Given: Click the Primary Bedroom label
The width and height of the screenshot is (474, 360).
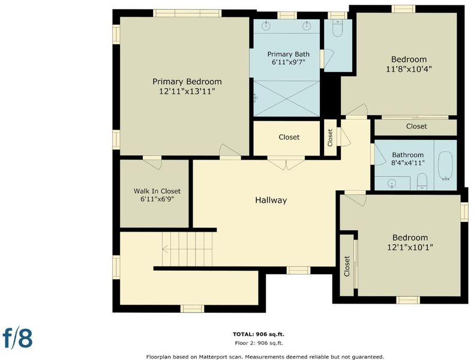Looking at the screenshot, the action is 187,82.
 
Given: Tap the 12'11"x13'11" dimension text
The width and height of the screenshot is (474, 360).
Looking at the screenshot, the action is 187,91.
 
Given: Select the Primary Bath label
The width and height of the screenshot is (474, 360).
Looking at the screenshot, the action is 289,55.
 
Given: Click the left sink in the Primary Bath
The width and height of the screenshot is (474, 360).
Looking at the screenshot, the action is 266,26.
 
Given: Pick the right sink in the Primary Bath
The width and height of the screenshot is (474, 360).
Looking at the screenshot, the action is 307,26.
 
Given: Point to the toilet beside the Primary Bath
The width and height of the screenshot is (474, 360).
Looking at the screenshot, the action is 337,28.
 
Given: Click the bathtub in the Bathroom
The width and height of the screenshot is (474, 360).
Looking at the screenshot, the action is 445,166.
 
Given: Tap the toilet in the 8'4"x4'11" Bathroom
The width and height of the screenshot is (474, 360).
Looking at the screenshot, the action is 422,182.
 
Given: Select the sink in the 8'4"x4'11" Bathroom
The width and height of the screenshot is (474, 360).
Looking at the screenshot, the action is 392,183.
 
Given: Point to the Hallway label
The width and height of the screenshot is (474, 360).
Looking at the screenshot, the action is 271,200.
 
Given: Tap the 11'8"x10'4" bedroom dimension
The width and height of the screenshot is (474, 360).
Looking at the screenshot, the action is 409,69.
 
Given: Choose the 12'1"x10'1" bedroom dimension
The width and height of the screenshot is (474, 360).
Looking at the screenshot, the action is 410,247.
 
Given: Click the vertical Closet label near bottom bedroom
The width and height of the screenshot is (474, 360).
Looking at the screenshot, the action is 347,266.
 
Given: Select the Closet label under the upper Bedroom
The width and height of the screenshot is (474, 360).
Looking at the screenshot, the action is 416,127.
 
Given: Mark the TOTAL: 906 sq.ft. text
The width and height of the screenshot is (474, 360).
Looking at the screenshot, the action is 259,334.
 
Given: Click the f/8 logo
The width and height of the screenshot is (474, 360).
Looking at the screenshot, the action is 17,338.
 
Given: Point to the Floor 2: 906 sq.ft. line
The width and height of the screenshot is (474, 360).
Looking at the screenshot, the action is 259,343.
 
